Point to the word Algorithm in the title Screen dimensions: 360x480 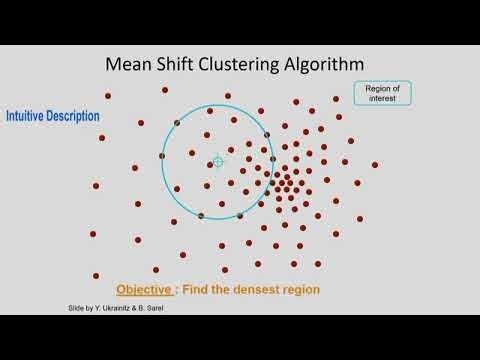[x=336, y=65]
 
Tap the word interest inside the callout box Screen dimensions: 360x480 [x=383, y=98]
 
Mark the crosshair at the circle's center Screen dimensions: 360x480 [x=218, y=161]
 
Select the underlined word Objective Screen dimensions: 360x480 [x=145, y=290]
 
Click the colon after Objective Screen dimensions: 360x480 [x=177, y=290]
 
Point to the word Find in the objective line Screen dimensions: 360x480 [x=196, y=290]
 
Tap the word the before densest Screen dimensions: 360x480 [x=222, y=290]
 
